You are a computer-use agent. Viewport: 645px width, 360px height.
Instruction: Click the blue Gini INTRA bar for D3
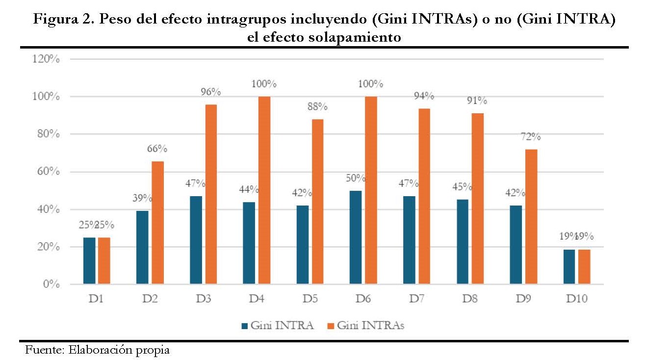(196, 240)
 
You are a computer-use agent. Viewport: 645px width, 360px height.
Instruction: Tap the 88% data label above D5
(317, 106)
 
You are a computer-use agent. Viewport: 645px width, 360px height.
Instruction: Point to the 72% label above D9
(531, 136)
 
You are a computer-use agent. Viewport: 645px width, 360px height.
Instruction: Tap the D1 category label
(96, 298)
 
